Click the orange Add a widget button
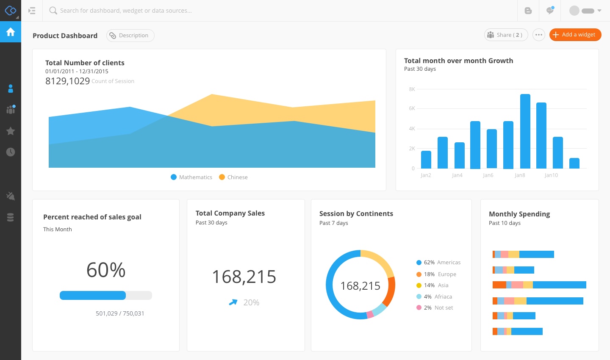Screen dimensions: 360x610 pos(575,35)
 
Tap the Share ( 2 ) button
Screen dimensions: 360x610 pos(506,35)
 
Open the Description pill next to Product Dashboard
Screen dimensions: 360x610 pos(130,36)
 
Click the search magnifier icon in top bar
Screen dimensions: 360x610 pos(53,11)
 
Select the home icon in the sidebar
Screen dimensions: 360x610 pos(11,32)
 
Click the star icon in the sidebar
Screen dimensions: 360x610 pos(11,131)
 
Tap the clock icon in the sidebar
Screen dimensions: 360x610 pos(11,152)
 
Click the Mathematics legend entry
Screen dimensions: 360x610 pos(191,177)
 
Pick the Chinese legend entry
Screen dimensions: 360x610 pos(233,177)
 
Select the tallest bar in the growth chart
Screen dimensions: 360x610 pos(525,131)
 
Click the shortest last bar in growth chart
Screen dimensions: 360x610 pos(574,163)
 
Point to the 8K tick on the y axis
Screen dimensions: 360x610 pos(412,89)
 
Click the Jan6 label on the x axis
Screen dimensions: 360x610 pos(488,175)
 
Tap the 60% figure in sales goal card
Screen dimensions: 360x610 pos(106,270)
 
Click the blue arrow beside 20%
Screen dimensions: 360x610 pos(233,302)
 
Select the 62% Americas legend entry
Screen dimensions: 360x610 pos(438,262)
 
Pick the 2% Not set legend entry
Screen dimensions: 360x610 pos(435,307)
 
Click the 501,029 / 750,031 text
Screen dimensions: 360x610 pos(120,313)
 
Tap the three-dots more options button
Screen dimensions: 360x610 pos(538,35)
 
